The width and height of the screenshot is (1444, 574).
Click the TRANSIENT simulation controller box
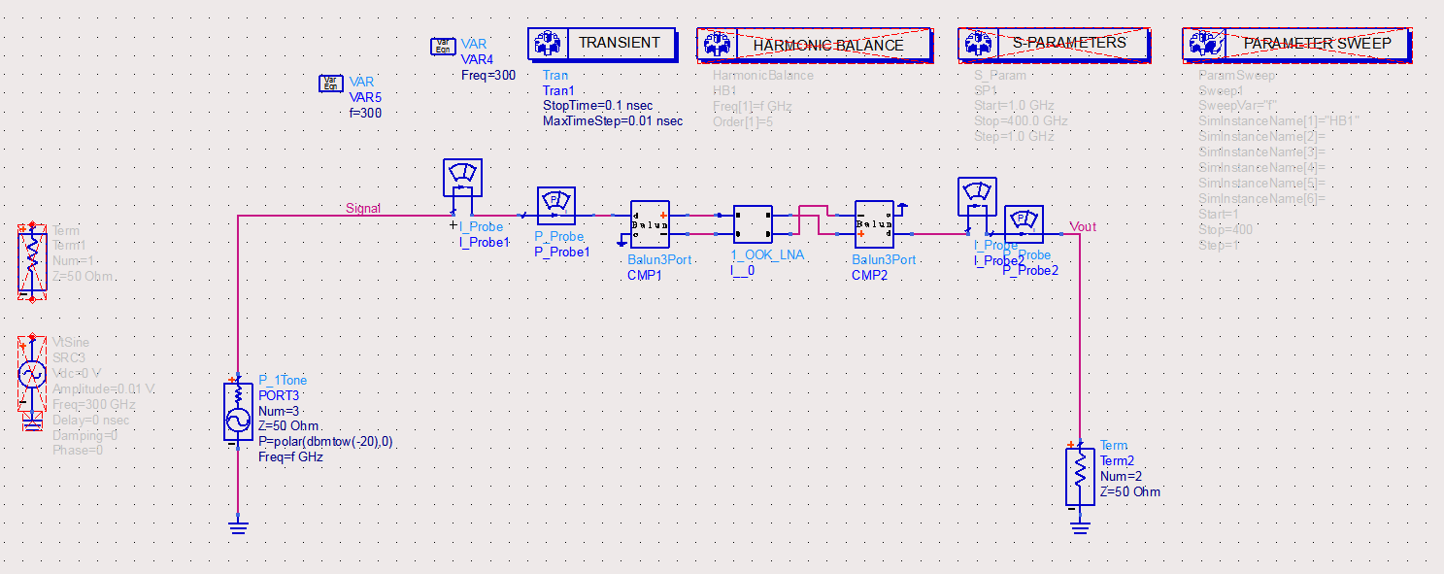click(601, 44)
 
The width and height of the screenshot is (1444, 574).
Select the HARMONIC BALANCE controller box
click(814, 45)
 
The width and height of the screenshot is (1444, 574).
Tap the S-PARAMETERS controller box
click(1053, 44)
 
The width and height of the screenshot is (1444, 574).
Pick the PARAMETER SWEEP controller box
click(1295, 44)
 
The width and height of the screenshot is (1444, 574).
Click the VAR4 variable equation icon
click(443, 47)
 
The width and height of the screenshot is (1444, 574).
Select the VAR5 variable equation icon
click(331, 84)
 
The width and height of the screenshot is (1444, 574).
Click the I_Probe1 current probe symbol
click(462, 179)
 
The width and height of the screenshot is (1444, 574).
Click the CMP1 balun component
click(649, 224)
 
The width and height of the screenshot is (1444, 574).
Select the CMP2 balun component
click(874, 224)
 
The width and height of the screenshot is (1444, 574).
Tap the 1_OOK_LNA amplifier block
click(753, 224)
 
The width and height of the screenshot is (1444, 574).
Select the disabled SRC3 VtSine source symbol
click(33, 374)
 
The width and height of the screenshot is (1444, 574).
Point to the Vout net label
click(1083, 227)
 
